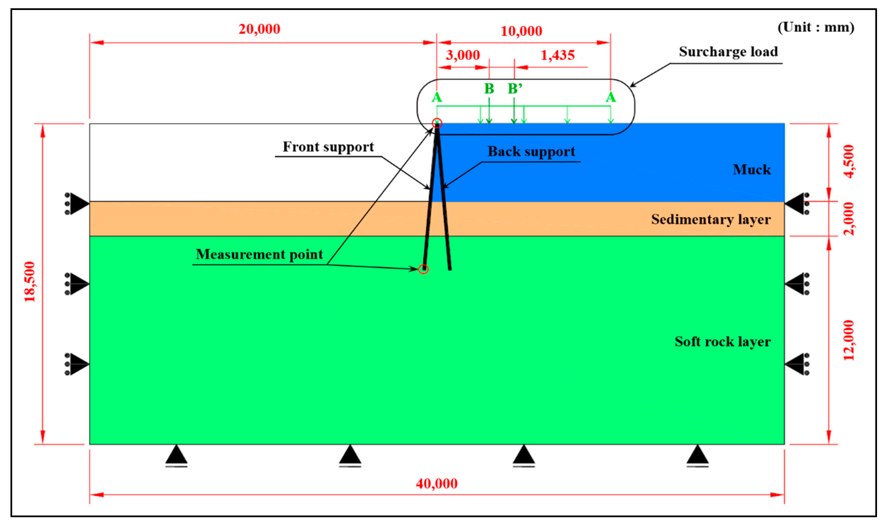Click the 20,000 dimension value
[259, 29]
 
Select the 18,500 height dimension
[30, 282]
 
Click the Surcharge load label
[728, 52]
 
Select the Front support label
[328, 147]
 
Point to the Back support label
[531, 152]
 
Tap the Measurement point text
[259, 254]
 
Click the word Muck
[752, 170]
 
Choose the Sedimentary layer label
[711, 219]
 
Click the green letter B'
[515, 88]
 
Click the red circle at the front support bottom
[423, 269]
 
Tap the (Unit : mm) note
[816, 27]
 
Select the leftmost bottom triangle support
[176, 455]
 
